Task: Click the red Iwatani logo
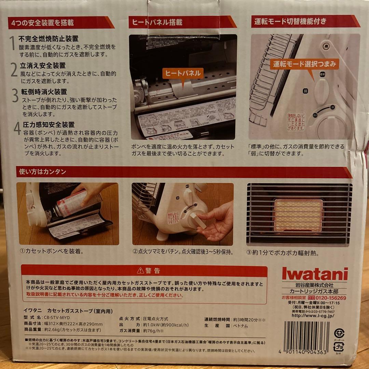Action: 315,274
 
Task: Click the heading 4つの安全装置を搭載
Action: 43,23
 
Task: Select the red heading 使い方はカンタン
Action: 41,172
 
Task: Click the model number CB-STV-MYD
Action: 64,317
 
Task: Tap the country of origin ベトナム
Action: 241,326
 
